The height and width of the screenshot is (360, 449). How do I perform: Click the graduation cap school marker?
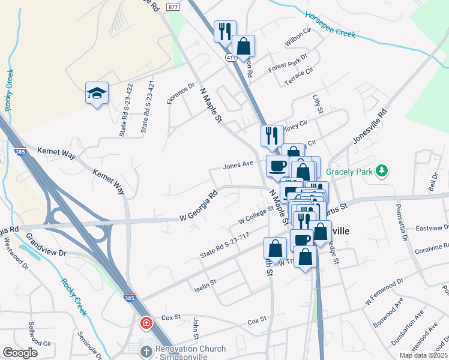coord(97,93)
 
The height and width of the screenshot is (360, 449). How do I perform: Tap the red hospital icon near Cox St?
coord(146,324)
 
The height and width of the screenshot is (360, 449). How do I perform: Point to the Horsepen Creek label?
coord(330,24)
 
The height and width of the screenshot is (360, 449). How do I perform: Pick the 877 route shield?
coord(173,7)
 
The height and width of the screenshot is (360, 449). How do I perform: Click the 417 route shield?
coord(232,57)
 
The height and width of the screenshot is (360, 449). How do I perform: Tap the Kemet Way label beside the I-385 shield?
coord(57,153)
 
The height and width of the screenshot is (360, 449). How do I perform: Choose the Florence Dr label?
coord(181,93)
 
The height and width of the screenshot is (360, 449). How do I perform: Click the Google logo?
coord(20,353)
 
